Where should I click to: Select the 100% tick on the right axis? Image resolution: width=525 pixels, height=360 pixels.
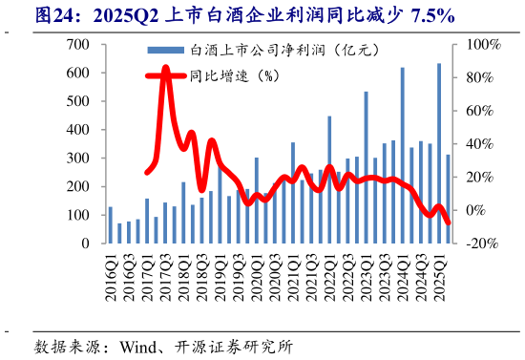(482, 45)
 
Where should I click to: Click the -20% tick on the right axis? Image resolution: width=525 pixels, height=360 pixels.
(482, 244)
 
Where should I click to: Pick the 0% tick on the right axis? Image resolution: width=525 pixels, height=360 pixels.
(477, 210)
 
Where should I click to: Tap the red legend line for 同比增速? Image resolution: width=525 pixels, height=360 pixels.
(166, 75)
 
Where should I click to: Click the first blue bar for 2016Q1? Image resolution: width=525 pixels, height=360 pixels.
(111, 225)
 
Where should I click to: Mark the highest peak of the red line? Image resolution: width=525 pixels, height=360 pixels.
(166, 70)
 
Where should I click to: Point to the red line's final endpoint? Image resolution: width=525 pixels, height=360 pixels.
(449, 222)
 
